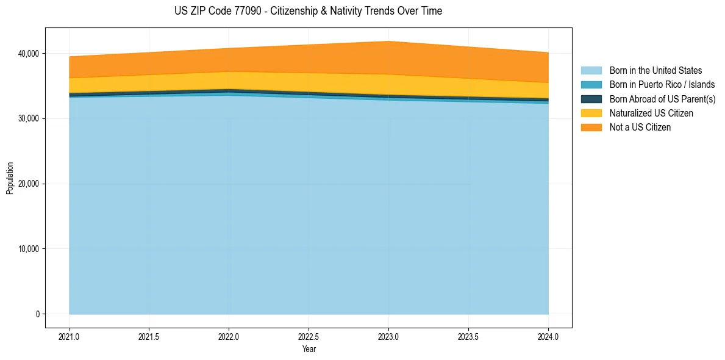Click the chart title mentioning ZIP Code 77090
[309, 11]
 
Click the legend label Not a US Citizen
[640, 128]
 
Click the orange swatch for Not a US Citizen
[591, 128]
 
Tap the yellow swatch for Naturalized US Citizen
[591, 113]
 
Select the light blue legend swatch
[591, 71]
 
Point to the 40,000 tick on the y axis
[27, 54]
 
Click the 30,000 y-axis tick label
[27, 118]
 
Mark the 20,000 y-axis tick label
[27, 184]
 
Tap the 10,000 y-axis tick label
[27, 249]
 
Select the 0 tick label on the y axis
[37, 314]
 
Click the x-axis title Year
[309, 349]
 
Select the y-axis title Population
[10, 178]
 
